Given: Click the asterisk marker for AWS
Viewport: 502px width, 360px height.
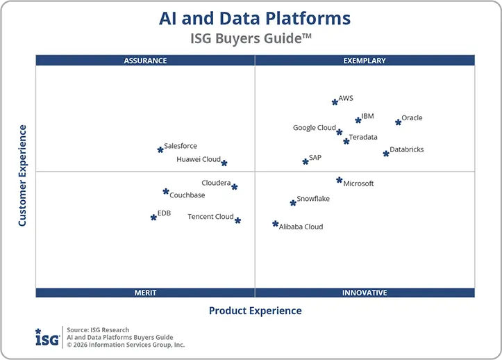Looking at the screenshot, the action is pos(335,102).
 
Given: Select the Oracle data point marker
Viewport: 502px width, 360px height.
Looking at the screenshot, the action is pos(398,122).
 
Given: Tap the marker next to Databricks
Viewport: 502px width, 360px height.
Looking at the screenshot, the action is pos(386,154).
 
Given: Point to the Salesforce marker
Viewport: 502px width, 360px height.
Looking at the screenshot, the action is pos(160,149).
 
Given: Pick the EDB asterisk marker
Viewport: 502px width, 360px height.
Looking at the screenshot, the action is pos(153,218).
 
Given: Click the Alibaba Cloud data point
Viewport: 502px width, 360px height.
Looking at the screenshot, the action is pos(276,224).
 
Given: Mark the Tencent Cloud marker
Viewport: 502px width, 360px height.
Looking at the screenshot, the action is pos(237,220).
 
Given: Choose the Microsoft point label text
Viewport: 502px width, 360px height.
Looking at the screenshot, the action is pos(358,183).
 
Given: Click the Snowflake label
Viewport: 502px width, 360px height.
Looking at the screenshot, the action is pos(313,199).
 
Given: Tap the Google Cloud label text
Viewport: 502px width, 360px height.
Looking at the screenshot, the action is pos(315,128).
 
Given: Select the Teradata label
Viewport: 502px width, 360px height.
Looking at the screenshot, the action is pos(363,137).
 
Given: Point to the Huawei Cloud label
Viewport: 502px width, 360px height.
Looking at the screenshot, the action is pos(199,159).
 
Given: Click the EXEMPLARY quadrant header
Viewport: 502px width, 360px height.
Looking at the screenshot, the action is pos(365,60).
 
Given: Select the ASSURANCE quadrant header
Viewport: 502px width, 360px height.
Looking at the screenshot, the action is pos(145,60).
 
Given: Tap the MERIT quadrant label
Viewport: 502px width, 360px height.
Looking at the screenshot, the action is pos(145,293).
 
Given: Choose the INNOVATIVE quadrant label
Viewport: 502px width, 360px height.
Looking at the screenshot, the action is pos(365,293).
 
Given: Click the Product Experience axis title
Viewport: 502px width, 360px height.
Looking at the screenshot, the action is pos(255,311).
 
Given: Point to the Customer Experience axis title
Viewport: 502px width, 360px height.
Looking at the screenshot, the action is pos(22,176).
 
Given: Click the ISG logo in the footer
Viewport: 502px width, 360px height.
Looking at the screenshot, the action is pos(47,337).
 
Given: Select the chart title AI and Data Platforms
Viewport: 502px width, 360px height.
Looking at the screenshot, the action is pos(255,18).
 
